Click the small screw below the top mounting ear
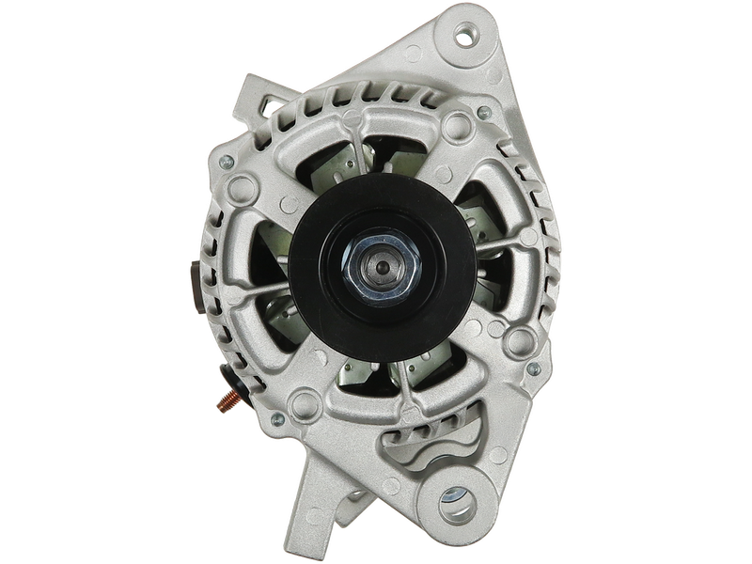(x=483, y=113)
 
